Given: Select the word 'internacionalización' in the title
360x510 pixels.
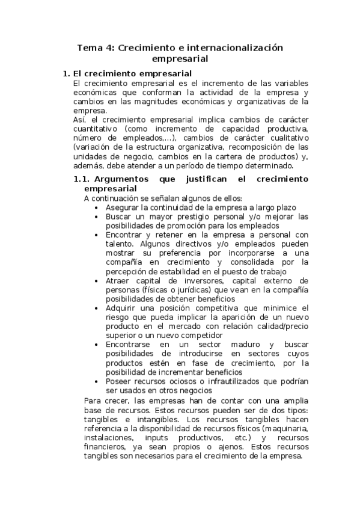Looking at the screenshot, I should click(234, 48).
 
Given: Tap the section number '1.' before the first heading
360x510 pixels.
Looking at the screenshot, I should click(67, 73).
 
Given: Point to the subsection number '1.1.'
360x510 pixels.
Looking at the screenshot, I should click(81, 179).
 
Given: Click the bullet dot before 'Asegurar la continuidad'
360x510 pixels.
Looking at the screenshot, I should click(97, 207).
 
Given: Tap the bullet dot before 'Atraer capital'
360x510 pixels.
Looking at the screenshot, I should click(97, 280).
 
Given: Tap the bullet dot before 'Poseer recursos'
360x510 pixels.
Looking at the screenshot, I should click(97, 381).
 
